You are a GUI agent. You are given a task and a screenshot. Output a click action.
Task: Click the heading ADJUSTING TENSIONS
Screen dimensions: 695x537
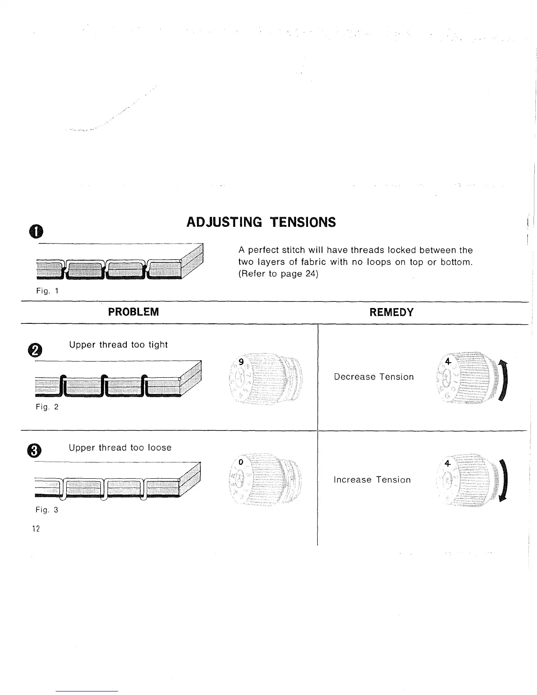261,222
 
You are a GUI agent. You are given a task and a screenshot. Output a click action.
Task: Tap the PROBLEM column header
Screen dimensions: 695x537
133,312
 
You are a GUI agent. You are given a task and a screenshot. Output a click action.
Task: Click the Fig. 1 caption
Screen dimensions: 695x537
47,290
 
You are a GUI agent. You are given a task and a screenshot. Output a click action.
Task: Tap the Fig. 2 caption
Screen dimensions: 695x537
47,407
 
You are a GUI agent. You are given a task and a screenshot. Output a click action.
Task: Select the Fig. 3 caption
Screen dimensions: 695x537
47,510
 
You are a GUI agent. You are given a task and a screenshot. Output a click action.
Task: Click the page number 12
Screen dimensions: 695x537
36,529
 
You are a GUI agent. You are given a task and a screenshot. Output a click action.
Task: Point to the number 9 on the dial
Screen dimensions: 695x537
241,362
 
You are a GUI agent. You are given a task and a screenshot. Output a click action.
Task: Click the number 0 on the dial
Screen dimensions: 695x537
241,462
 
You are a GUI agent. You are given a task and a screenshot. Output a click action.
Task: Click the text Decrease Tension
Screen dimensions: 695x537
374,377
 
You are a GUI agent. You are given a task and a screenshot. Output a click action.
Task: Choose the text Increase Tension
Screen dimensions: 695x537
372,480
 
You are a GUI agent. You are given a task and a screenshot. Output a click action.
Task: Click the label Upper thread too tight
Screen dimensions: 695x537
118,345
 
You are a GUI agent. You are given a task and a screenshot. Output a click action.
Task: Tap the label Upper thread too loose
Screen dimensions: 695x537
120,448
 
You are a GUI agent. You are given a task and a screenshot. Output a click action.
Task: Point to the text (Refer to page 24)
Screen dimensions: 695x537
278,274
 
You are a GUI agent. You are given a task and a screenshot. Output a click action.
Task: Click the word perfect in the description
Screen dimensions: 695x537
263,251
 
